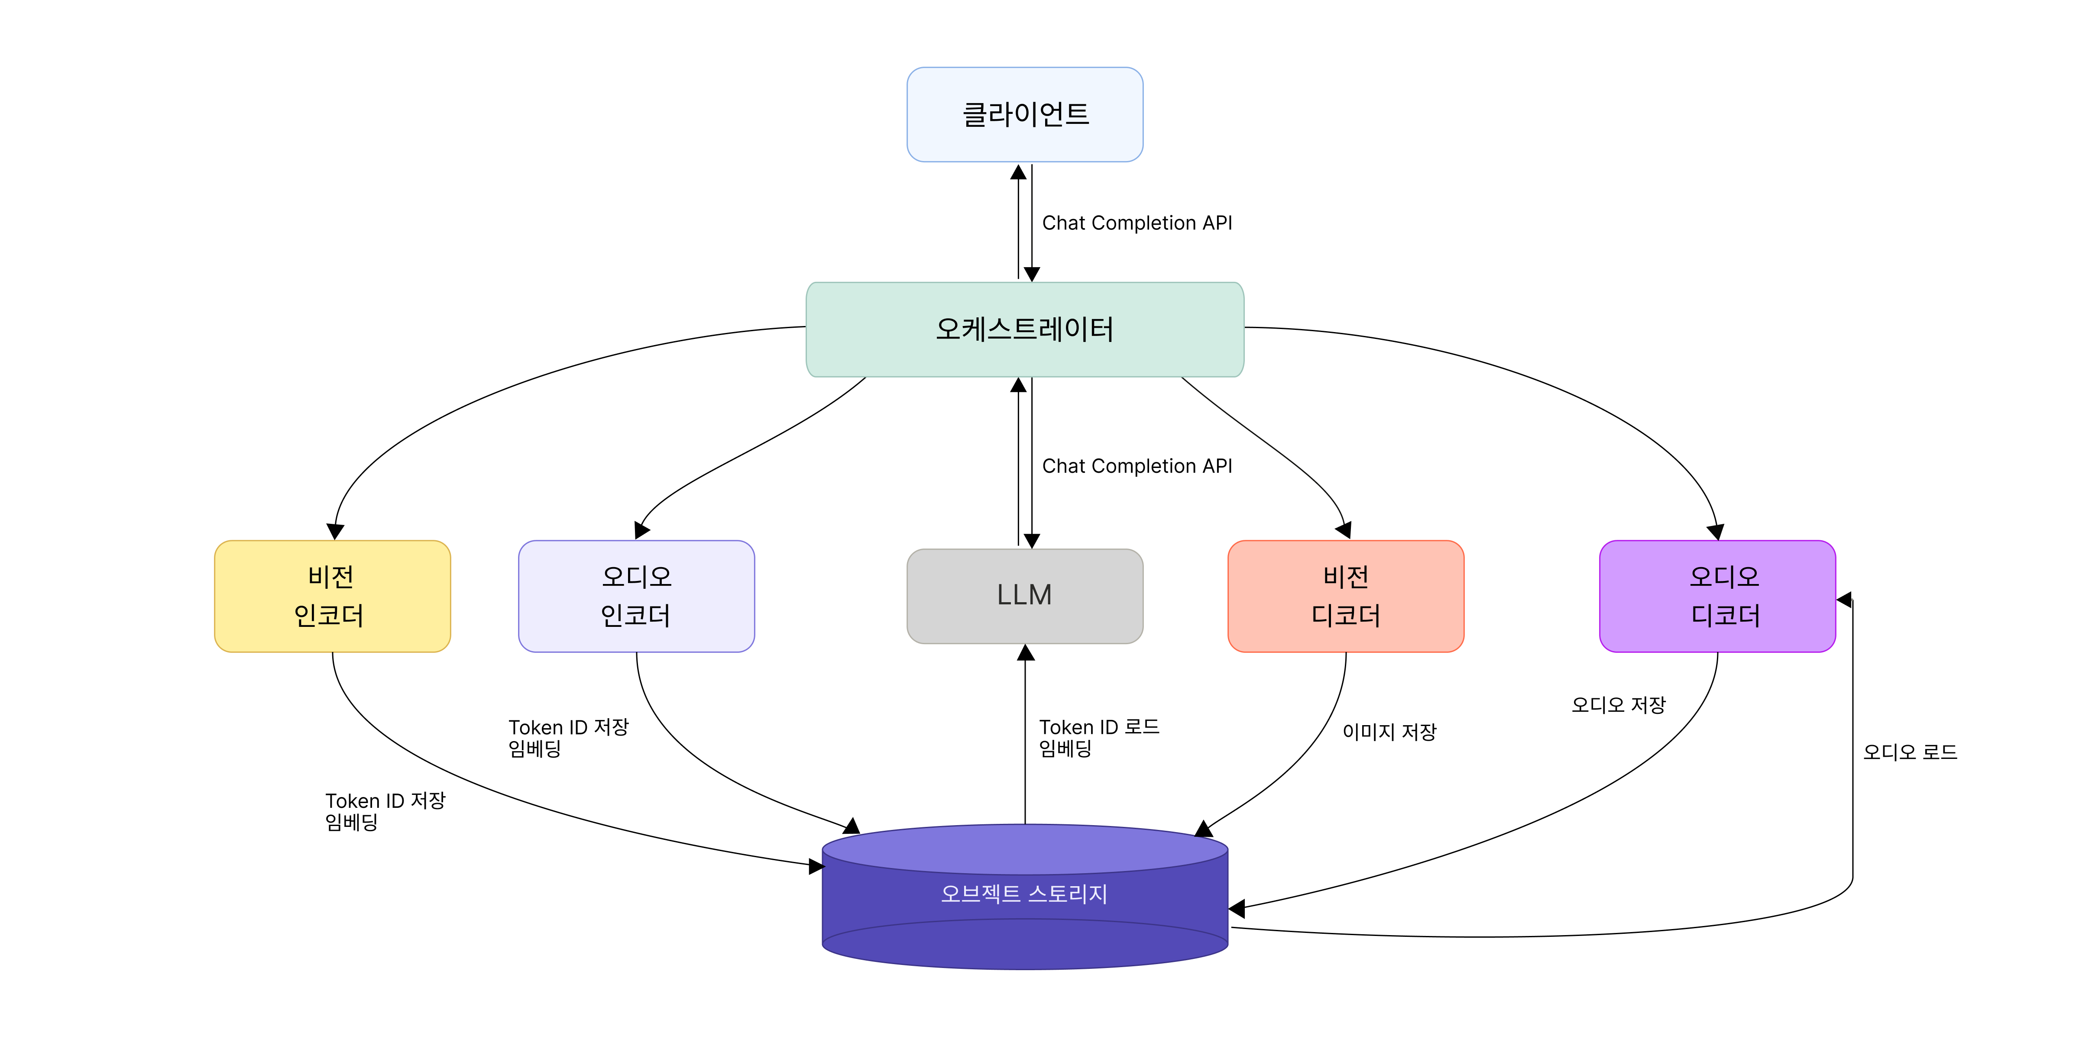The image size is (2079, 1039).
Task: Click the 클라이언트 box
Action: (1024, 115)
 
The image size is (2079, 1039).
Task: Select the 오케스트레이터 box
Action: (1024, 329)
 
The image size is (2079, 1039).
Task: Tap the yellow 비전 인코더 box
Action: (332, 596)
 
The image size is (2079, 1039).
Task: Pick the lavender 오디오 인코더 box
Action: (636, 596)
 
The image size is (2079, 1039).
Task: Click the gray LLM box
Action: (1024, 596)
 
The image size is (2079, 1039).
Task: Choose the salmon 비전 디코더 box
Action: (1345, 596)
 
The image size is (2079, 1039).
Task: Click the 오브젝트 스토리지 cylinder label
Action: (1024, 894)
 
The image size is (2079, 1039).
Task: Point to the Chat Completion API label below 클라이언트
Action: (1137, 223)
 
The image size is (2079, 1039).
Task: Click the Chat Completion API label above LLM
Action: (1137, 466)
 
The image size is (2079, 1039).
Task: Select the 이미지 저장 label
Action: (1389, 732)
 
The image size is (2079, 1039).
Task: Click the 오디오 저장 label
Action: (1618, 705)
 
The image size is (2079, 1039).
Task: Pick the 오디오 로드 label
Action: (1910, 752)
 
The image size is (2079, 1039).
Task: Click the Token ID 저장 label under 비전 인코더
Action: (385, 811)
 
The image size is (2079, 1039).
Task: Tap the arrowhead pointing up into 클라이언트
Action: (1019, 172)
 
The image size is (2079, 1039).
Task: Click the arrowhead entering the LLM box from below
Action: (1025, 652)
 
